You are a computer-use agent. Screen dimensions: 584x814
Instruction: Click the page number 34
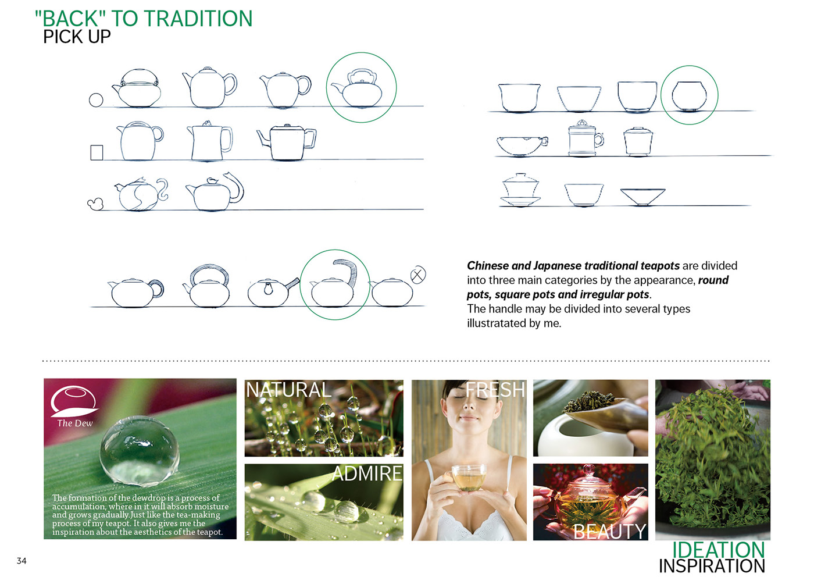click(22, 561)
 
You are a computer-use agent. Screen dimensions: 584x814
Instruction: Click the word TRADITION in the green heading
click(196, 19)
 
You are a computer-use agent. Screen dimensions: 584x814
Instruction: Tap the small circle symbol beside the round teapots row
click(96, 100)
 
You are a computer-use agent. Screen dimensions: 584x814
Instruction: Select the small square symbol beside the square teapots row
click(97, 152)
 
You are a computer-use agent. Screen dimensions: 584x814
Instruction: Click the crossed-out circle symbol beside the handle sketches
click(418, 275)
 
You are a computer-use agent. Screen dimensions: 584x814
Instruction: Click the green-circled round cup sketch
click(689, 95)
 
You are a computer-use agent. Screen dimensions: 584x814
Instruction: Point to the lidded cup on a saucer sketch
click(520, 190)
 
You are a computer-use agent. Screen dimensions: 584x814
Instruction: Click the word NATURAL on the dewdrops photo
click(288, 390)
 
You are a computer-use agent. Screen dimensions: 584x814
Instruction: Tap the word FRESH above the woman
click(495, 390)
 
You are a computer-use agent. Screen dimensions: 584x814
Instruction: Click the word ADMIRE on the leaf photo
click(367, 473)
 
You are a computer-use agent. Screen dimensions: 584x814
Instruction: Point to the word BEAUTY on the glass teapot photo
click(609, 531)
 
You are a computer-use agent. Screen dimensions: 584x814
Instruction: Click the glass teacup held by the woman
click(469, 477)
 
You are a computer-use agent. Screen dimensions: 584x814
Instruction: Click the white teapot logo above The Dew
click(73, 400)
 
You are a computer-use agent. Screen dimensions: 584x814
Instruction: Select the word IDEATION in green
click(718, 550)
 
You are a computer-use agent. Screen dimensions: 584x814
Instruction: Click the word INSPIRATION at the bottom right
click(712, 566)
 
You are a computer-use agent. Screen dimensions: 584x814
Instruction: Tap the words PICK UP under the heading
click(77, 37)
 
